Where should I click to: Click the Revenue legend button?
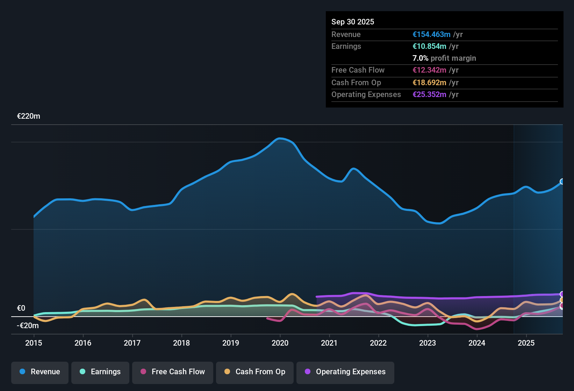click(40, 372)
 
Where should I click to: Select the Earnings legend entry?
click(100, 372)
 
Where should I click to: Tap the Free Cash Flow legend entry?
click(173, 372)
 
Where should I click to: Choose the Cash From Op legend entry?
click(255, 372)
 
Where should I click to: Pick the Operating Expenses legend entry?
click(345, 372)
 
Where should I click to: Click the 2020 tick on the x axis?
click(280, 343)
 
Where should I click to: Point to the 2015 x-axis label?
click(34, 343)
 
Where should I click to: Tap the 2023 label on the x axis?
click(428, 343)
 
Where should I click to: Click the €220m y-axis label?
click(29, 116)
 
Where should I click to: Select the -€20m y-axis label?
click(28, 326)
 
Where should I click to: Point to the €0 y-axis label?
click(21, 308)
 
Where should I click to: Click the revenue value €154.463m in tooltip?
click(431, 35)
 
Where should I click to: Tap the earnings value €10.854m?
click(429, 46)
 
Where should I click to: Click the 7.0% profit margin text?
click(444, 58)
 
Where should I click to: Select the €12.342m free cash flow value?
click(429, 70)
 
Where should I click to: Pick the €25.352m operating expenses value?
click(429, 95)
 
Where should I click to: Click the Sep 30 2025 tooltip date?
click(353, 22)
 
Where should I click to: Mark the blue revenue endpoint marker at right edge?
click(562, 182)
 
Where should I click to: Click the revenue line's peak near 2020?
click(280, 139)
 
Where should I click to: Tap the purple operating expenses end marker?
click(562, 294)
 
